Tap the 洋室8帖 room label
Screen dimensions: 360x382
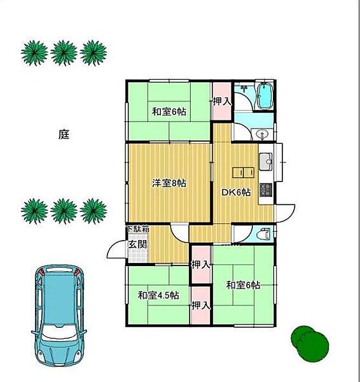pos(169,183)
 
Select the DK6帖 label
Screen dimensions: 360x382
pos(235,192)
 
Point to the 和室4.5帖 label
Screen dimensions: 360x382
pos(158,295)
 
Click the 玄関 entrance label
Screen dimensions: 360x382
pos(138,244)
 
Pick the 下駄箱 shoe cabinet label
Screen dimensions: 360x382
pos(138,229)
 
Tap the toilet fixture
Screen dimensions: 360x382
pos(265,234)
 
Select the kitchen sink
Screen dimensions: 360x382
pos(266,162)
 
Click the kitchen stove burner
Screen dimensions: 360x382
pos(266,190)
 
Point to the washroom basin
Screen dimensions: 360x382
pos(262,134)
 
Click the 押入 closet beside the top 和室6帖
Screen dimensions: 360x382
pos(221,101)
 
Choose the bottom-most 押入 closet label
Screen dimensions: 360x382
pos(200,305)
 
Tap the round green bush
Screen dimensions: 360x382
pos(310,341)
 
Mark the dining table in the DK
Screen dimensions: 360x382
pos(244,173)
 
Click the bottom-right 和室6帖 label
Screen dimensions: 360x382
pos(243,285)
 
